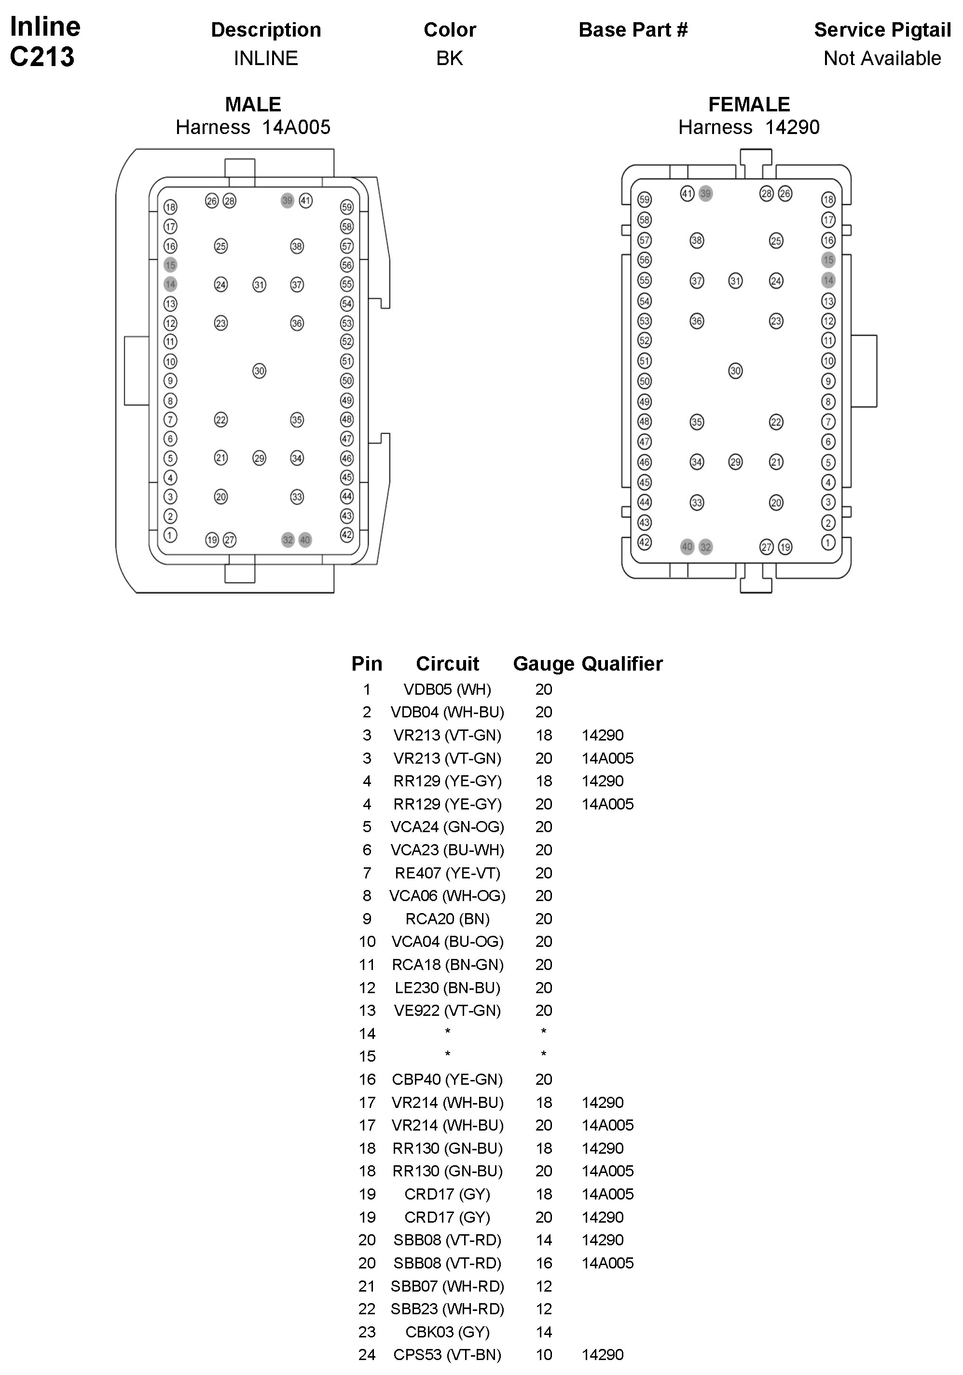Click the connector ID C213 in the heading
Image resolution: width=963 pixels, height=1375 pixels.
[x=42, y=57]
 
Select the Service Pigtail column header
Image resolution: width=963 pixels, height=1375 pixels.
[x=882, y=30]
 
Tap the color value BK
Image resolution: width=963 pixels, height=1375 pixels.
[x=450, y=58]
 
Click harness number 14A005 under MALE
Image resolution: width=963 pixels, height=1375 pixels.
[x=296, y=127]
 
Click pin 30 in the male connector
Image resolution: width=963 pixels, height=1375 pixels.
[x=259, y=371]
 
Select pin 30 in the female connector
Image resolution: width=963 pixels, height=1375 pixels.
[x=735, y=371]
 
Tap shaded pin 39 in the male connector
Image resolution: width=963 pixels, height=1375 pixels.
[x=287, y=201]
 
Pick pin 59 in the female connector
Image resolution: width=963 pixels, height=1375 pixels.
[x=644, y=200]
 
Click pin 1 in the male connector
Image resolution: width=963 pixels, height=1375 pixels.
[x=170, y=535]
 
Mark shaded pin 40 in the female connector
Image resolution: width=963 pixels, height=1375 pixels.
[x=688, y=546]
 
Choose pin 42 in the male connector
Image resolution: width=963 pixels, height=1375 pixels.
[x=346, y=535]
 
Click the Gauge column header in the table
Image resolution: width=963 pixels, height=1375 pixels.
[x=544, y=663]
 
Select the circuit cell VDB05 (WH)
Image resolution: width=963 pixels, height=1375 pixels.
[x=447, y=689]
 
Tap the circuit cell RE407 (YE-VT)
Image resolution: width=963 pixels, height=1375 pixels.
[x=447, y=873]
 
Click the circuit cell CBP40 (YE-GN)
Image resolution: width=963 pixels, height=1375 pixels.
[x=447, y=1079]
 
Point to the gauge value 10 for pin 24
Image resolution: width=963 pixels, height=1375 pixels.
[x=544, y=1355]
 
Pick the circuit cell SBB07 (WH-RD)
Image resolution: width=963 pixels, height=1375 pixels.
[x=447, y=1286]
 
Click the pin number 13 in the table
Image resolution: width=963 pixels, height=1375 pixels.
[x=367, y=1011]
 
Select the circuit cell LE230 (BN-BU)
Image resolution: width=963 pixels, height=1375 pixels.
[x=447, y=987]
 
